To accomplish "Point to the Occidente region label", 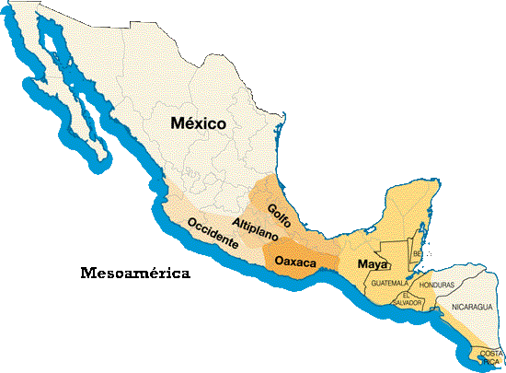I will [x=213, y=234].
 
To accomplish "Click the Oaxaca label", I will [x=296, y=263].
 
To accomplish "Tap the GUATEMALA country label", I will [x=388, y=282].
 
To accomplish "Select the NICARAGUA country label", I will [x=472, y=306].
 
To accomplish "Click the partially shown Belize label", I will [x=417, y=252].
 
